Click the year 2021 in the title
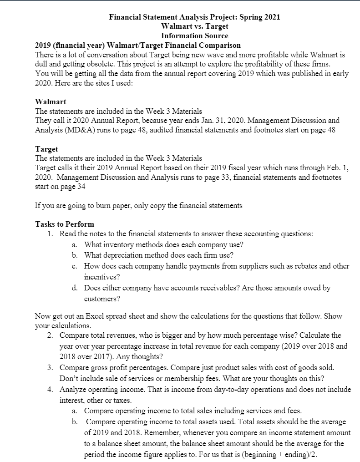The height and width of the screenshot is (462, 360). [x=272, y=17]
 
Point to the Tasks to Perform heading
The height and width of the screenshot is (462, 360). [x=65, y=224]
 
